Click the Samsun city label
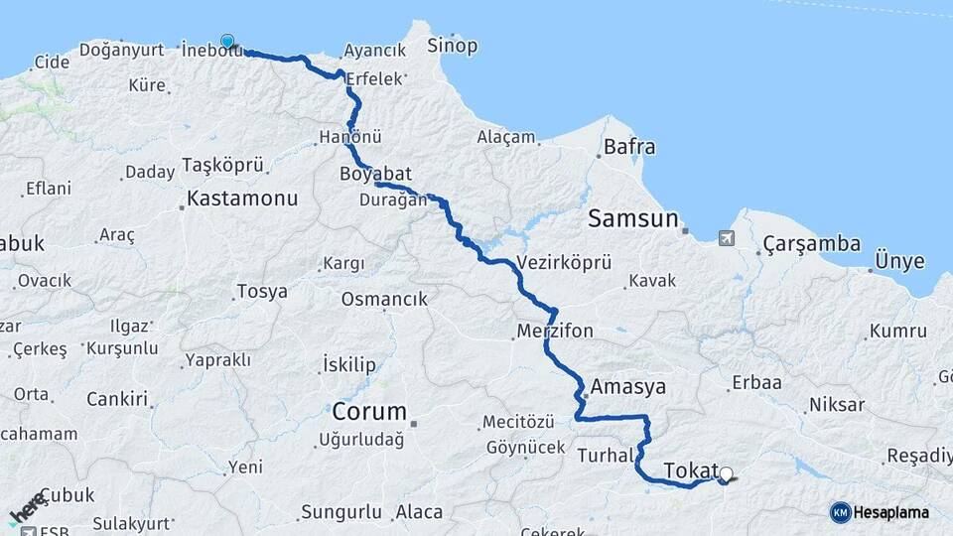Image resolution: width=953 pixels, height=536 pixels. [x=632, y=218]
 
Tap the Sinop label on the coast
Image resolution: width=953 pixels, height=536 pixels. [x=452, y=46]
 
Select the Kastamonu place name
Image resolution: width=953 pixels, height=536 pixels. [x=242, y=199]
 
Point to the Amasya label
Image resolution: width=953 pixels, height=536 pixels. [x=627, y=386]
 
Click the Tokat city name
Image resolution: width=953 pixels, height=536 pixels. [x=689, y=469]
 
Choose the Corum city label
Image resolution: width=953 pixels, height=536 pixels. [x=369, y=411]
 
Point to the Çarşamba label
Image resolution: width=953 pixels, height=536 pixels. [x=805, y=244]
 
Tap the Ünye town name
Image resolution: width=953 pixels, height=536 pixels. [x=899, y=262]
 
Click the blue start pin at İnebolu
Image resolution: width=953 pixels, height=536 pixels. [x=228, y=42]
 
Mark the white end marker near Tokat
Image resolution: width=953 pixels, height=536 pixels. [x=726, y=474]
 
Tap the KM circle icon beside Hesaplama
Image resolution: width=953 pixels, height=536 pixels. [x=840, y=512]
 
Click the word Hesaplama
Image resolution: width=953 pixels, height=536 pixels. [x=891, y=512]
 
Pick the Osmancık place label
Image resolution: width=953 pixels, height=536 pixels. [x=384, y=299]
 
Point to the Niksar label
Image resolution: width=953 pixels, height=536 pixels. [x=837, y=405]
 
